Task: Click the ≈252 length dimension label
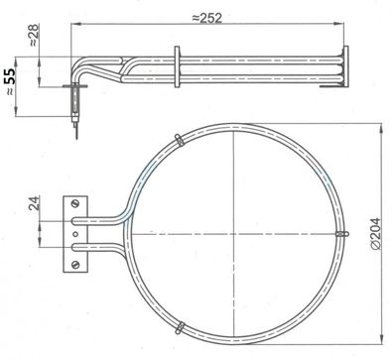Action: [207, 18]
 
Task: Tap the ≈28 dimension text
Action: [34, 35]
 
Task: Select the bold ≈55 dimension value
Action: [10, 81]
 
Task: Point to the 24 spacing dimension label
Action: [34, 202]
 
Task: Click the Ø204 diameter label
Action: [375, 233]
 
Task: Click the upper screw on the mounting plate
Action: [75, 203]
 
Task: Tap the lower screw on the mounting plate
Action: [75, 264]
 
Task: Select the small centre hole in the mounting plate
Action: [75, 234]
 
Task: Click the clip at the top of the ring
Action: [180, 140]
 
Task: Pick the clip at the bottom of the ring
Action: [180, 327]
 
